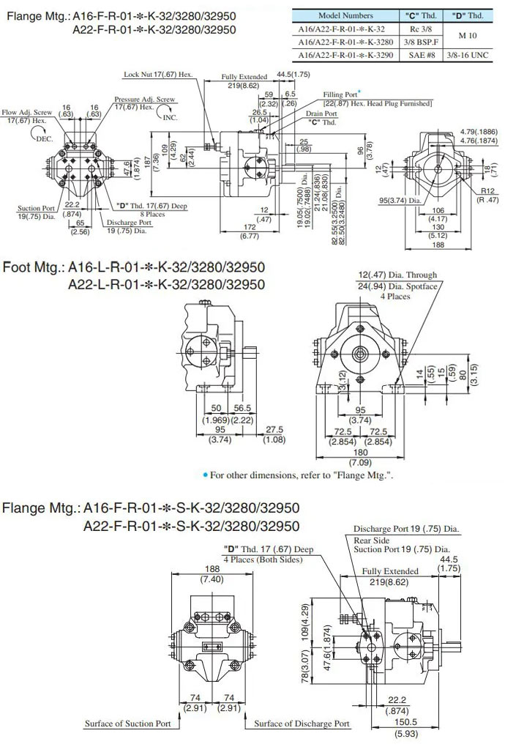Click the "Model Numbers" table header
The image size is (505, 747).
click(345, 15)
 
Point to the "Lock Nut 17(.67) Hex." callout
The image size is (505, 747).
click(158, 75)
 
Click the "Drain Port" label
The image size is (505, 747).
click(322, 114)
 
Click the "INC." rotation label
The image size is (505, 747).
click(170, 117)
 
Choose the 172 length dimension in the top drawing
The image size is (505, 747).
click(249, 227)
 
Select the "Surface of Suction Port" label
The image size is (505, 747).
click(128, 724)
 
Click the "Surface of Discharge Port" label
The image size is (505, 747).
click(302, 724)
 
